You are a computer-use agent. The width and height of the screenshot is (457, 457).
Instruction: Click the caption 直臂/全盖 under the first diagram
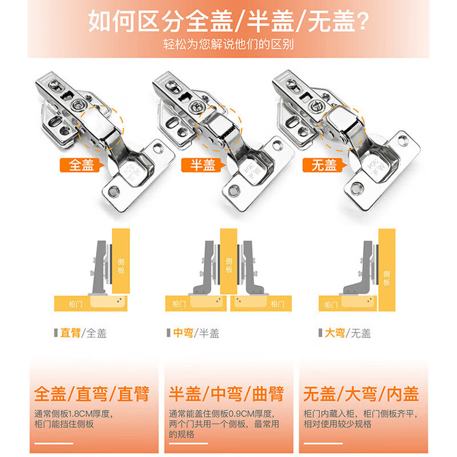(x=83, y=333)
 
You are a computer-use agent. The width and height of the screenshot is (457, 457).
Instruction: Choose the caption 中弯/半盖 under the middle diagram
(x=196, y=333)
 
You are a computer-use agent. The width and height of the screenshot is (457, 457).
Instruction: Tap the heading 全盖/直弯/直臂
(x=92, y=394)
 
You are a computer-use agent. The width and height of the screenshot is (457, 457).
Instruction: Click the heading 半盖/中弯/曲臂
(x=227, y=394)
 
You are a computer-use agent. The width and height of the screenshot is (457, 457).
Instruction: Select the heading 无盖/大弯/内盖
(x=361, y=394)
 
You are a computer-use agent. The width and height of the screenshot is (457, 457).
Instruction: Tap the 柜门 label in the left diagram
(x=74, y=304)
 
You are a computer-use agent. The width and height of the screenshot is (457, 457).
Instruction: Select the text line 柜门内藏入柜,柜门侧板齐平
(x=362, y=414)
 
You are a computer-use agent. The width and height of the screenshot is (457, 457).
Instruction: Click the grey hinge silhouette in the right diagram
(x=361, y=274)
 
